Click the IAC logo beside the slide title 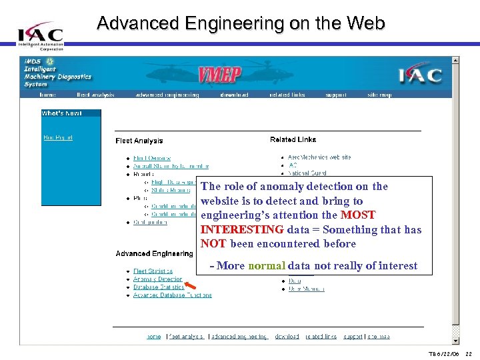click(41, 35)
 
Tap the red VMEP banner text click(220, 75)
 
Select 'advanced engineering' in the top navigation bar click(167, 95)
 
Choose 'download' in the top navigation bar click(234, 95)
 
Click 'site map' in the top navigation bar click(380, 95)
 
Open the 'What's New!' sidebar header click(62, 113)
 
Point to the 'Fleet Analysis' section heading click(139, 141)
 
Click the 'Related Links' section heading click(293, 139)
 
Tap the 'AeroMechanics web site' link click(320, 157)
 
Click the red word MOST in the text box click(358, 215)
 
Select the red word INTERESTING click(242, 229)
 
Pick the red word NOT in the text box click(213, 244)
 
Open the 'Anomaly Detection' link click(158, 279)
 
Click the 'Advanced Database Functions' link click(173, 295)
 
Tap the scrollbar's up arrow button click(455, 60)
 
